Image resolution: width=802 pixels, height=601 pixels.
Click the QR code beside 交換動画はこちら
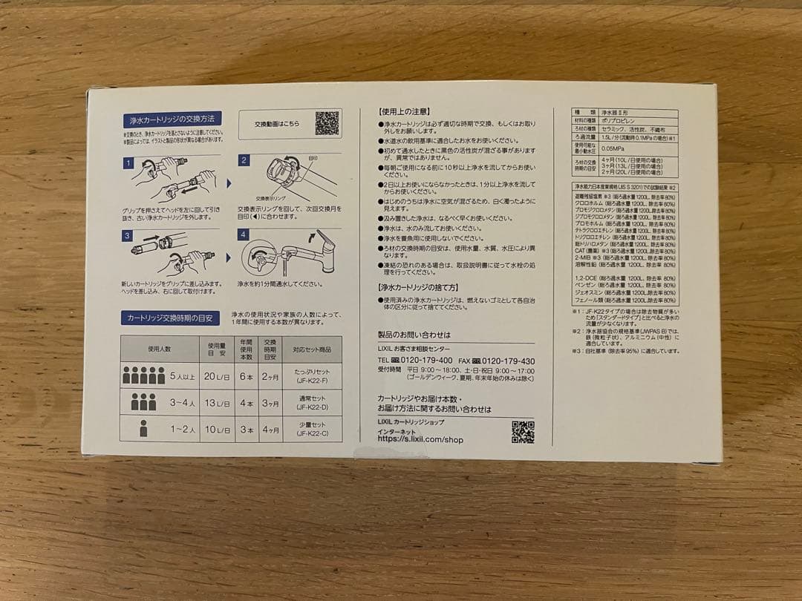click(x=327, y=122)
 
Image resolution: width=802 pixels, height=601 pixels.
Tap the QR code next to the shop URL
click(x=523, y=431)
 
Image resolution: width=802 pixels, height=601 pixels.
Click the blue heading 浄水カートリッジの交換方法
click(x=172, y=119)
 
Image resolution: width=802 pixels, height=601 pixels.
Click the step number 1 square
click(x=128, y=162)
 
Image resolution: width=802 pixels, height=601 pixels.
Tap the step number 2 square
click(x=244, y=160)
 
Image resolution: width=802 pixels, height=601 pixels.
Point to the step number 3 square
click(x=128, y=236)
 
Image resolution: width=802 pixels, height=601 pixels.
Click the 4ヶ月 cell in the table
click(x=271, y=429)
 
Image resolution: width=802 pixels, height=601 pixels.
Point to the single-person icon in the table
click(x=143, y=428)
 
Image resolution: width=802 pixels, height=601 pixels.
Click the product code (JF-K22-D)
click(x=312, y=407)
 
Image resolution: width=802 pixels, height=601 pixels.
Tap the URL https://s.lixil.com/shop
click(x=420, y=439)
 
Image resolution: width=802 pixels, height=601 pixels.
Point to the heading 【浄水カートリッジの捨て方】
click(x=418, y=286)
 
